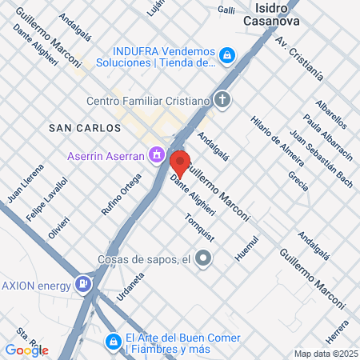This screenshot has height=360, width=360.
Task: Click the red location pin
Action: point(180,162)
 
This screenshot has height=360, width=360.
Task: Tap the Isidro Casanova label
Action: point(275,14)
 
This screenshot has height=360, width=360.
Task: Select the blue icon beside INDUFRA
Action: point(227,55)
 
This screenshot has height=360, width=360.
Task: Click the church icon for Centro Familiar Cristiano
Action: point(222,101)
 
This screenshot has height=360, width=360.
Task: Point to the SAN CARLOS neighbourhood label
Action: point(85,128)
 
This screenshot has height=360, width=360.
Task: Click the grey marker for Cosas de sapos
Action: point(204,258)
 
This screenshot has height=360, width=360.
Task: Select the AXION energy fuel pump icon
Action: point(82,284)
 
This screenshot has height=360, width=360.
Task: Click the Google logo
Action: point(26,350)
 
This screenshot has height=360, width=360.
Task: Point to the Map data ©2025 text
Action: point(326,354)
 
